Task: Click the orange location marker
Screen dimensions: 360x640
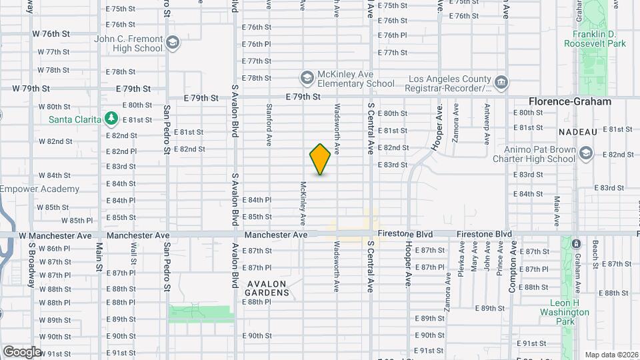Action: click(x=320, y=159)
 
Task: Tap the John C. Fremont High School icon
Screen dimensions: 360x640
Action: click(x=173, y=43)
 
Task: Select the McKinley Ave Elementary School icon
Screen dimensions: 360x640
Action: click(x=307, y=78)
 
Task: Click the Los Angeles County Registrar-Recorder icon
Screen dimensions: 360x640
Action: click(x=501, y=83)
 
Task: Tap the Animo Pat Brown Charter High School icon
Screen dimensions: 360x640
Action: click(x=586, y=153)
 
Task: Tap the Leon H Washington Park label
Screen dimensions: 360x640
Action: click(x=564, y=312)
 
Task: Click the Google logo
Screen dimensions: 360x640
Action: click(x=22, y=351)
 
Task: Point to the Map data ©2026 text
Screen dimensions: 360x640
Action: click(x=611, y=355)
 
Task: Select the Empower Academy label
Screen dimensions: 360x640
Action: click(x=39, y=189)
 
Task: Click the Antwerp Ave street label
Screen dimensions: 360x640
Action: click(x=487, y=115)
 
